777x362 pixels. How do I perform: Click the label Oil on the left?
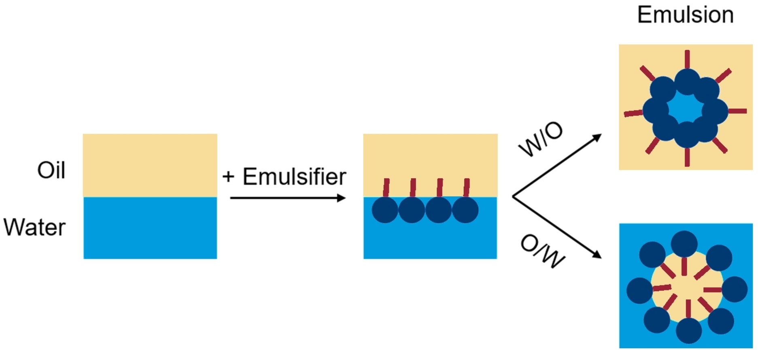pos(51,170)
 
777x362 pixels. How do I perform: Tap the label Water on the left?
pos(35,227)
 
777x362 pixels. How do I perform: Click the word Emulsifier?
pos(294,177)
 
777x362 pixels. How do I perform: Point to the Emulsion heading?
pos(685,15)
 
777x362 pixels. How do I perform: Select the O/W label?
pos(542,252)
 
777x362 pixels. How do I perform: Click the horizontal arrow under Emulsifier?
pos(287,198)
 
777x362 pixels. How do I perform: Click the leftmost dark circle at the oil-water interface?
pos(384,210)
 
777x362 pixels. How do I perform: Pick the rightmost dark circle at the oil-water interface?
pos(465,210)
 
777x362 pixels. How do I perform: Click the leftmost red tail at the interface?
pos(386,187)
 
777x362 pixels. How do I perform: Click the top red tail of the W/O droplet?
pos(687,59)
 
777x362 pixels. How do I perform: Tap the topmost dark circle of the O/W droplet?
pos(684,244)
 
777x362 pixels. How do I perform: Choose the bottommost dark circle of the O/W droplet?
pos(688,330)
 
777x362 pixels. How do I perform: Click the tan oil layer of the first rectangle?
pos(150,165)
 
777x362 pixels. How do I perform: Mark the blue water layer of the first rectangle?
pos(150,228)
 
